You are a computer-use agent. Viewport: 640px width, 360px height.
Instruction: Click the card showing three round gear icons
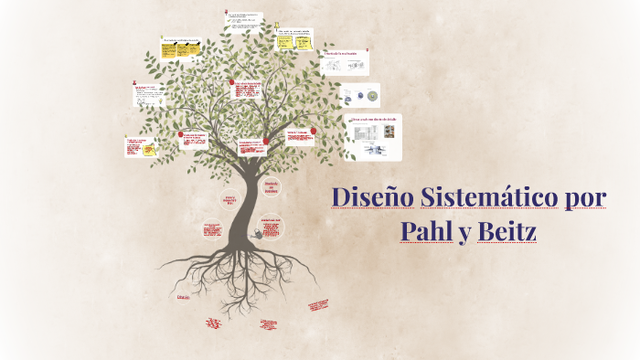(x=359, y=96)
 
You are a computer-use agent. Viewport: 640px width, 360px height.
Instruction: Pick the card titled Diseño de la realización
(x=345, y=62)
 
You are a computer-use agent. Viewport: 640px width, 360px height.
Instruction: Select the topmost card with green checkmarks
(x=244, y=20)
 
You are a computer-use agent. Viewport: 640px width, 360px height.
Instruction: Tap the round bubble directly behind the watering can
(x=272, y=228)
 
